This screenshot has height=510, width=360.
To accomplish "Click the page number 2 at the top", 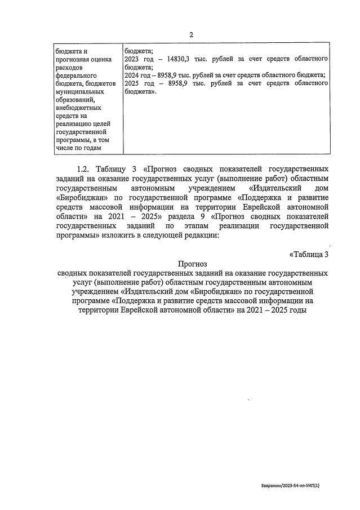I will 191,35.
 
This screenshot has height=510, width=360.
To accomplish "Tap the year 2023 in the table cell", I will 133,59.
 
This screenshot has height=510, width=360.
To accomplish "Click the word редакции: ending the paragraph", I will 198,235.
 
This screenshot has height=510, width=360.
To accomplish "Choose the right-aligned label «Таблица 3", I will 309,254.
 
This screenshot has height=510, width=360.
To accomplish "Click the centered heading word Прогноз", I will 193,263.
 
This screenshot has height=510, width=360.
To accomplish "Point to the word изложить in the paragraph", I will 121,235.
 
